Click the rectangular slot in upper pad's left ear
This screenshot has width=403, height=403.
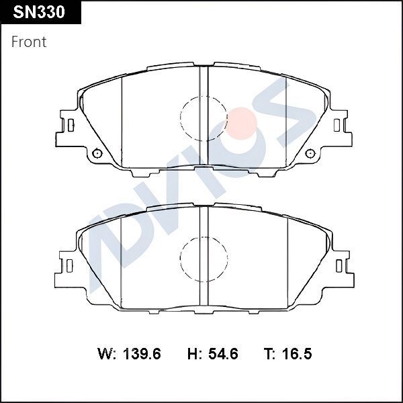pos(70,125)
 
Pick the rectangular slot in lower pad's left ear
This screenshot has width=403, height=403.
pos(70,265)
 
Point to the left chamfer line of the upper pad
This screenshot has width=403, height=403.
pos(121,118)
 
